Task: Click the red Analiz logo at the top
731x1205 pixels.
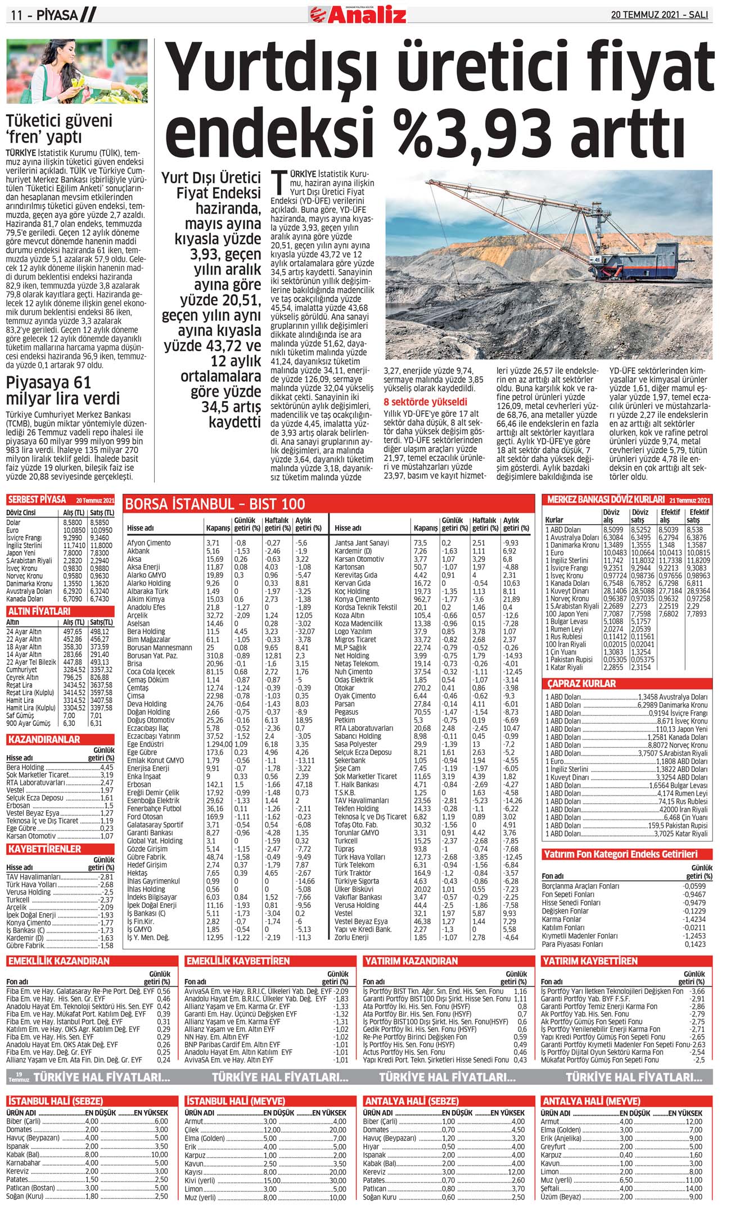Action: point(358,13)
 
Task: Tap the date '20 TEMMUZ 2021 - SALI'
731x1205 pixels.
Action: point(659,15)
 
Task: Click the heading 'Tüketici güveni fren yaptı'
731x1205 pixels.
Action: point(59,129)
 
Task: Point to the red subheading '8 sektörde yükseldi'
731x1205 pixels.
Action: point(425,402)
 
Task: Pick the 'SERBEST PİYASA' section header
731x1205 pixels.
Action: point(37,499)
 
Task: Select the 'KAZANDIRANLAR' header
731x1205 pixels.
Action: point(43,739)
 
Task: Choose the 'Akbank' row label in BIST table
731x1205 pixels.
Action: point(138,551)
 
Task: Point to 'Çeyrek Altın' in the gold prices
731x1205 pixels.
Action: point(22,677)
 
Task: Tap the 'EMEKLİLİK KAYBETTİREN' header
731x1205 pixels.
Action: point(238,961)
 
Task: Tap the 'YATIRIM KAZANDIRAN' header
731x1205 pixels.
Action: point(412,961)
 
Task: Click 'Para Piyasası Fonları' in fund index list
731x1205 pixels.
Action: point(572,944)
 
